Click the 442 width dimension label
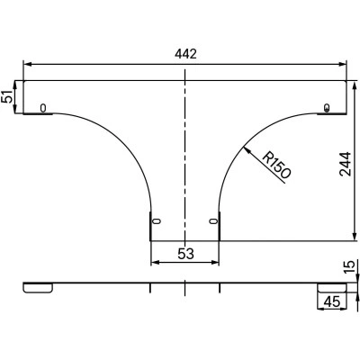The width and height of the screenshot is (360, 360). (185, 54)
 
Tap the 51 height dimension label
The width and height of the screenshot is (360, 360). (7, 96)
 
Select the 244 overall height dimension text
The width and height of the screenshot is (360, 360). (345, 164)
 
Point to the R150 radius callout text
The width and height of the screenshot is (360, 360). (276, 166)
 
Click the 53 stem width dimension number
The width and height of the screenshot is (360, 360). (186, 254)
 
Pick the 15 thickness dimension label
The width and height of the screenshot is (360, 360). (349, 266)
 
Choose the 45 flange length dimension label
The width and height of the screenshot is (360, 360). (333, 301)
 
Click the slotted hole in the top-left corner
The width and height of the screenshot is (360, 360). (43, 108)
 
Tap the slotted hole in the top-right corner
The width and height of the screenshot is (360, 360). (328, 107)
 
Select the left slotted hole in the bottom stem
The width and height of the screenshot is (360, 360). (157, 221)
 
